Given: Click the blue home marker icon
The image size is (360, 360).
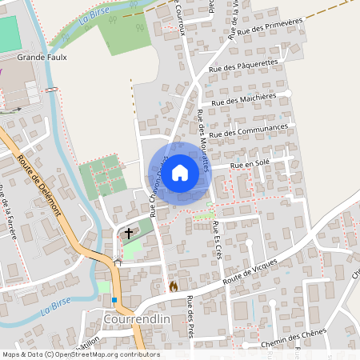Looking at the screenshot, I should pyautogui.click(x=180, y=172).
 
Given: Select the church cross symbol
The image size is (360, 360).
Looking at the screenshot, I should pyautogui.click(x=128, y=233).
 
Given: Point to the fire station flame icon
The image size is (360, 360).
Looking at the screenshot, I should pyautogui.click(x=172, y=286).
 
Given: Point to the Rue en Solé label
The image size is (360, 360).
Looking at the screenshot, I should pyautogui.click(x=250, y=164).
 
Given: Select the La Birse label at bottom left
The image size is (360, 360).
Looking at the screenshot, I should pyautogui.click(x=55, y=307).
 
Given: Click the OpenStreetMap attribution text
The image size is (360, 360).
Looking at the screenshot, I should pyautogui.click(x=81, y=354).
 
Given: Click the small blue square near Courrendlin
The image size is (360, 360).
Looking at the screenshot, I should pyautogui.click(x=115, y=300).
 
